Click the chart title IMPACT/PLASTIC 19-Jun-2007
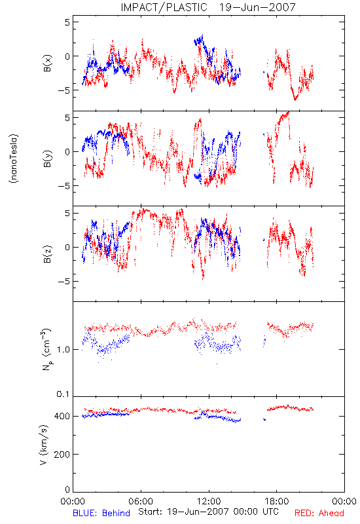coord(208,7)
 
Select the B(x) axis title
coord(47,63)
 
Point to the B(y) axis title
coord(47,159)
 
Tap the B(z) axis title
coord(47,254)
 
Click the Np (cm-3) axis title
coord(46,349)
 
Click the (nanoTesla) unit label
coord(14,159)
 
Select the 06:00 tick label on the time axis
coord(141,501)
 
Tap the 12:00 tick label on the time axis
coord(209,501)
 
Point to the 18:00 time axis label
coord(277,501)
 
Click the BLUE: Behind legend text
coord(101,513)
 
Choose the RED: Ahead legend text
coord(319,513)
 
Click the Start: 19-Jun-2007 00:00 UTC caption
coord(208,512)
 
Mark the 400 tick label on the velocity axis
coord(62,416)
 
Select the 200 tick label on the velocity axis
coord(62,454)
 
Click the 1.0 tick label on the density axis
coord(63,350)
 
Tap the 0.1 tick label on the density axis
coord(63,394)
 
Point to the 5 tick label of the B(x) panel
coord(67,22)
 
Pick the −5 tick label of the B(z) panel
coord(64,282)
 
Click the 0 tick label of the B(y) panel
coord(67,152)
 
